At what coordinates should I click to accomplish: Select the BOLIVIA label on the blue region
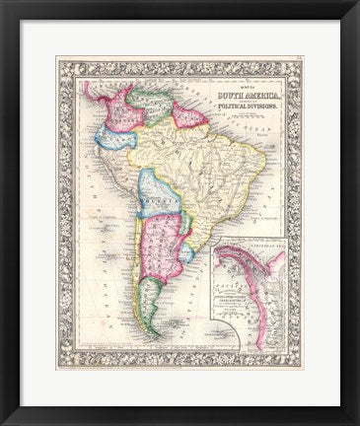(x=153, y=195)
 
